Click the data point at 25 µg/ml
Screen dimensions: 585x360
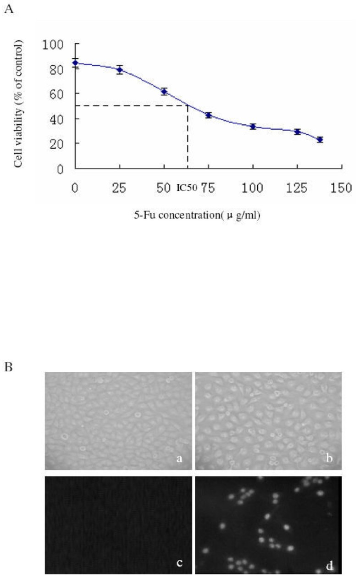pos(120,70)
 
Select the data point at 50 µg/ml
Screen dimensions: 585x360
pos(164,92)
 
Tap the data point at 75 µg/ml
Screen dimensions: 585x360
pos(208,115)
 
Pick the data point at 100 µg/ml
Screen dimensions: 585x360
pos(253,126)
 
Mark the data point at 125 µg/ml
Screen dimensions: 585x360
pos(297,132)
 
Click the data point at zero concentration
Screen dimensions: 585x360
pos(75,63)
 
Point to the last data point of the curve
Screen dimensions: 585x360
pos(320,139)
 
